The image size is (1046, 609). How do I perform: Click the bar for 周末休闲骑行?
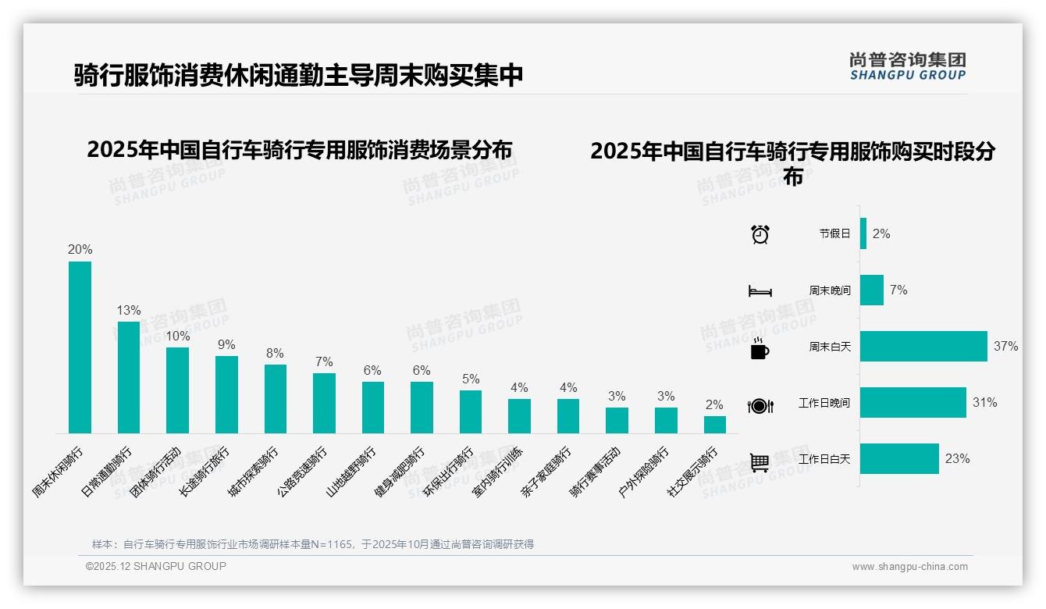point(80,347)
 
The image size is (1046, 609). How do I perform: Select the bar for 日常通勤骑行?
point(129,377)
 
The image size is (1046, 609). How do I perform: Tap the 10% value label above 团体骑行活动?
point(177,336)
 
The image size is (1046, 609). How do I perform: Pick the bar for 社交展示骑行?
point(714,425)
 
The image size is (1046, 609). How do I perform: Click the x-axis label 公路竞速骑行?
point(302,472)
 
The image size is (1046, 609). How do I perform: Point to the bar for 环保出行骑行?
point(471,411)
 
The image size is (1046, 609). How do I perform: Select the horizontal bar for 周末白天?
point(923,347)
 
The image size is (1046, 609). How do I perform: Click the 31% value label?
point(984,403)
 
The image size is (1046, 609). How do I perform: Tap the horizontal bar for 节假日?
point(863,233)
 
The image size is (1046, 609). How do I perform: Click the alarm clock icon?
point(760,234)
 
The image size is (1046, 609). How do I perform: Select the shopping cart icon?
point(760,462)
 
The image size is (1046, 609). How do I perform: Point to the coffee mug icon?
point(760,349)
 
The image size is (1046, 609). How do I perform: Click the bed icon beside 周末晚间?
point(760,291)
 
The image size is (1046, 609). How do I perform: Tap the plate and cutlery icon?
point(760,406)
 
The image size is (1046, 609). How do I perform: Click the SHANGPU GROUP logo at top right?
point(907,66)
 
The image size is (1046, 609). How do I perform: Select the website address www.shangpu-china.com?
point(909,567)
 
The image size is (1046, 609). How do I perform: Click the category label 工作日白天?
point(824,459)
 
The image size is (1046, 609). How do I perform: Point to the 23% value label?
point(957,459)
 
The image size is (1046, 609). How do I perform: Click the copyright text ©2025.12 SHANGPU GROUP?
point(155,567)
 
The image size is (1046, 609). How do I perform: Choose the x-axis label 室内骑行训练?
point(497,472)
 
